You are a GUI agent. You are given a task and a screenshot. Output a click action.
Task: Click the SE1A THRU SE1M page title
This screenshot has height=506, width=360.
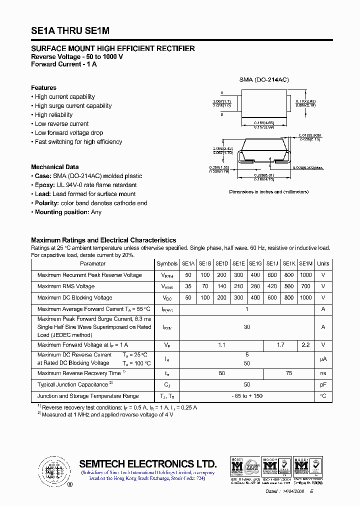70,31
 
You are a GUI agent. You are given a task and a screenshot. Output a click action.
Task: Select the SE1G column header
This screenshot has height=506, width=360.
255,263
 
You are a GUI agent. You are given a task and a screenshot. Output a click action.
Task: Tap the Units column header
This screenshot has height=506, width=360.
323,263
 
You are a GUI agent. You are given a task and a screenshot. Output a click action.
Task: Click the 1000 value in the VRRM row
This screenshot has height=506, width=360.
305,275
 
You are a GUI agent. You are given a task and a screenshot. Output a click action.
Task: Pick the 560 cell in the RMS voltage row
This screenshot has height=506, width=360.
288,286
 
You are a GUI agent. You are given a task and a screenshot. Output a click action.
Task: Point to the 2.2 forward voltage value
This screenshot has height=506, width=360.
305,345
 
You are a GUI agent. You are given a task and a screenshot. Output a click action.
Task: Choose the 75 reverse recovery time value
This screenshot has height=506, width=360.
289,373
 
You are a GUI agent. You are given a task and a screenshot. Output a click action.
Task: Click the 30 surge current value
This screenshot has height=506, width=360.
247,327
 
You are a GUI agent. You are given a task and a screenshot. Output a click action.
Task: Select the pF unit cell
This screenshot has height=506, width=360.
323,384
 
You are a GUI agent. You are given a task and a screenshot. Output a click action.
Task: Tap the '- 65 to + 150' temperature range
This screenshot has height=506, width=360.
247,396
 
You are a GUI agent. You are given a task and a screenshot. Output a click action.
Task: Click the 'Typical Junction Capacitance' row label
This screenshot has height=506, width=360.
73,384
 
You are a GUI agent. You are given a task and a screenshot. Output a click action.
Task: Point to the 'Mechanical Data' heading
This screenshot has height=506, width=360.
55,167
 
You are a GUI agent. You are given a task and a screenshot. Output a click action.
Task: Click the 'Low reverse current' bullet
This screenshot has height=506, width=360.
61,124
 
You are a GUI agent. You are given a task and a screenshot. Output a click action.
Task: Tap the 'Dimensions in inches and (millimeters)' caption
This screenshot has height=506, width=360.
268,192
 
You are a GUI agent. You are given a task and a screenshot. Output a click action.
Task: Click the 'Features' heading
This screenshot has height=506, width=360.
44,88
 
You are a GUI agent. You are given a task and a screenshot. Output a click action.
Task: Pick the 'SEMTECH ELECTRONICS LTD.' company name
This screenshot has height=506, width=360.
148,463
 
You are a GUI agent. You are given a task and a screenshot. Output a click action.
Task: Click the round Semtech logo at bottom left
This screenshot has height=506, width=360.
52,470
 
